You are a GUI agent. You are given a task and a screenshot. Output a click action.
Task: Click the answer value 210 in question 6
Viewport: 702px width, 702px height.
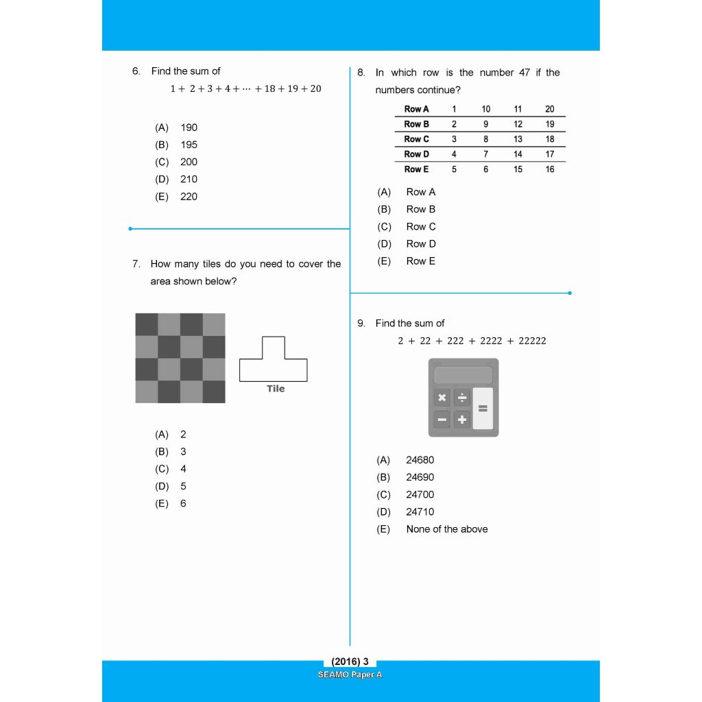point(189,180)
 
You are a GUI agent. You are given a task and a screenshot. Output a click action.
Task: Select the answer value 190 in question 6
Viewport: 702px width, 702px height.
point(189,128)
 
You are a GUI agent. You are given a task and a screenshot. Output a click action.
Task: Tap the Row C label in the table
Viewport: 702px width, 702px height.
point(416,139)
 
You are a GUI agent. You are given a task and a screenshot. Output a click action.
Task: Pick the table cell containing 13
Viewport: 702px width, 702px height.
point(518,139)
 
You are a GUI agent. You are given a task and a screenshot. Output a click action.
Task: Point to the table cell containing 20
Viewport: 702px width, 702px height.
point(550,109)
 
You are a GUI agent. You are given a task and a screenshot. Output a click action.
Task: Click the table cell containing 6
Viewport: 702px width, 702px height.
point(486,169)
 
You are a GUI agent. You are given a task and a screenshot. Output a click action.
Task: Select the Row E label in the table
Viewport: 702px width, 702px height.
point(416,169)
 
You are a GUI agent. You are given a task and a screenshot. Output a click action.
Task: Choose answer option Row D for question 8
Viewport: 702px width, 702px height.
point(420,244)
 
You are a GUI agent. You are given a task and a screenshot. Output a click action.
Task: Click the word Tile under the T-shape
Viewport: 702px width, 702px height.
point(276,389)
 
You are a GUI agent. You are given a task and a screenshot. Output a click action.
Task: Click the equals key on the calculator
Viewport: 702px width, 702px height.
point(483,409)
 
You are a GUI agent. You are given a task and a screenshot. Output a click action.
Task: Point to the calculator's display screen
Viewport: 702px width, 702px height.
point(463,375)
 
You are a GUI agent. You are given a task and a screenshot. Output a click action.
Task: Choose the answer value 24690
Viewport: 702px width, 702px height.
point(420,478)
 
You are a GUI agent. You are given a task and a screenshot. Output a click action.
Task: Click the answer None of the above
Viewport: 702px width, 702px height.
point(446,529)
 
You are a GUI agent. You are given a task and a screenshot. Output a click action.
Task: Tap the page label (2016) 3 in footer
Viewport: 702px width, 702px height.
point(350,662)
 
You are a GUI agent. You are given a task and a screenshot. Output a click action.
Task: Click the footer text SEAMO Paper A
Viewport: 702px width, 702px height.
point(350,675)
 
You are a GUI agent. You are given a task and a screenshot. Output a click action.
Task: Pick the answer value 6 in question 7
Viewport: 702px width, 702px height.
point(183,504)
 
